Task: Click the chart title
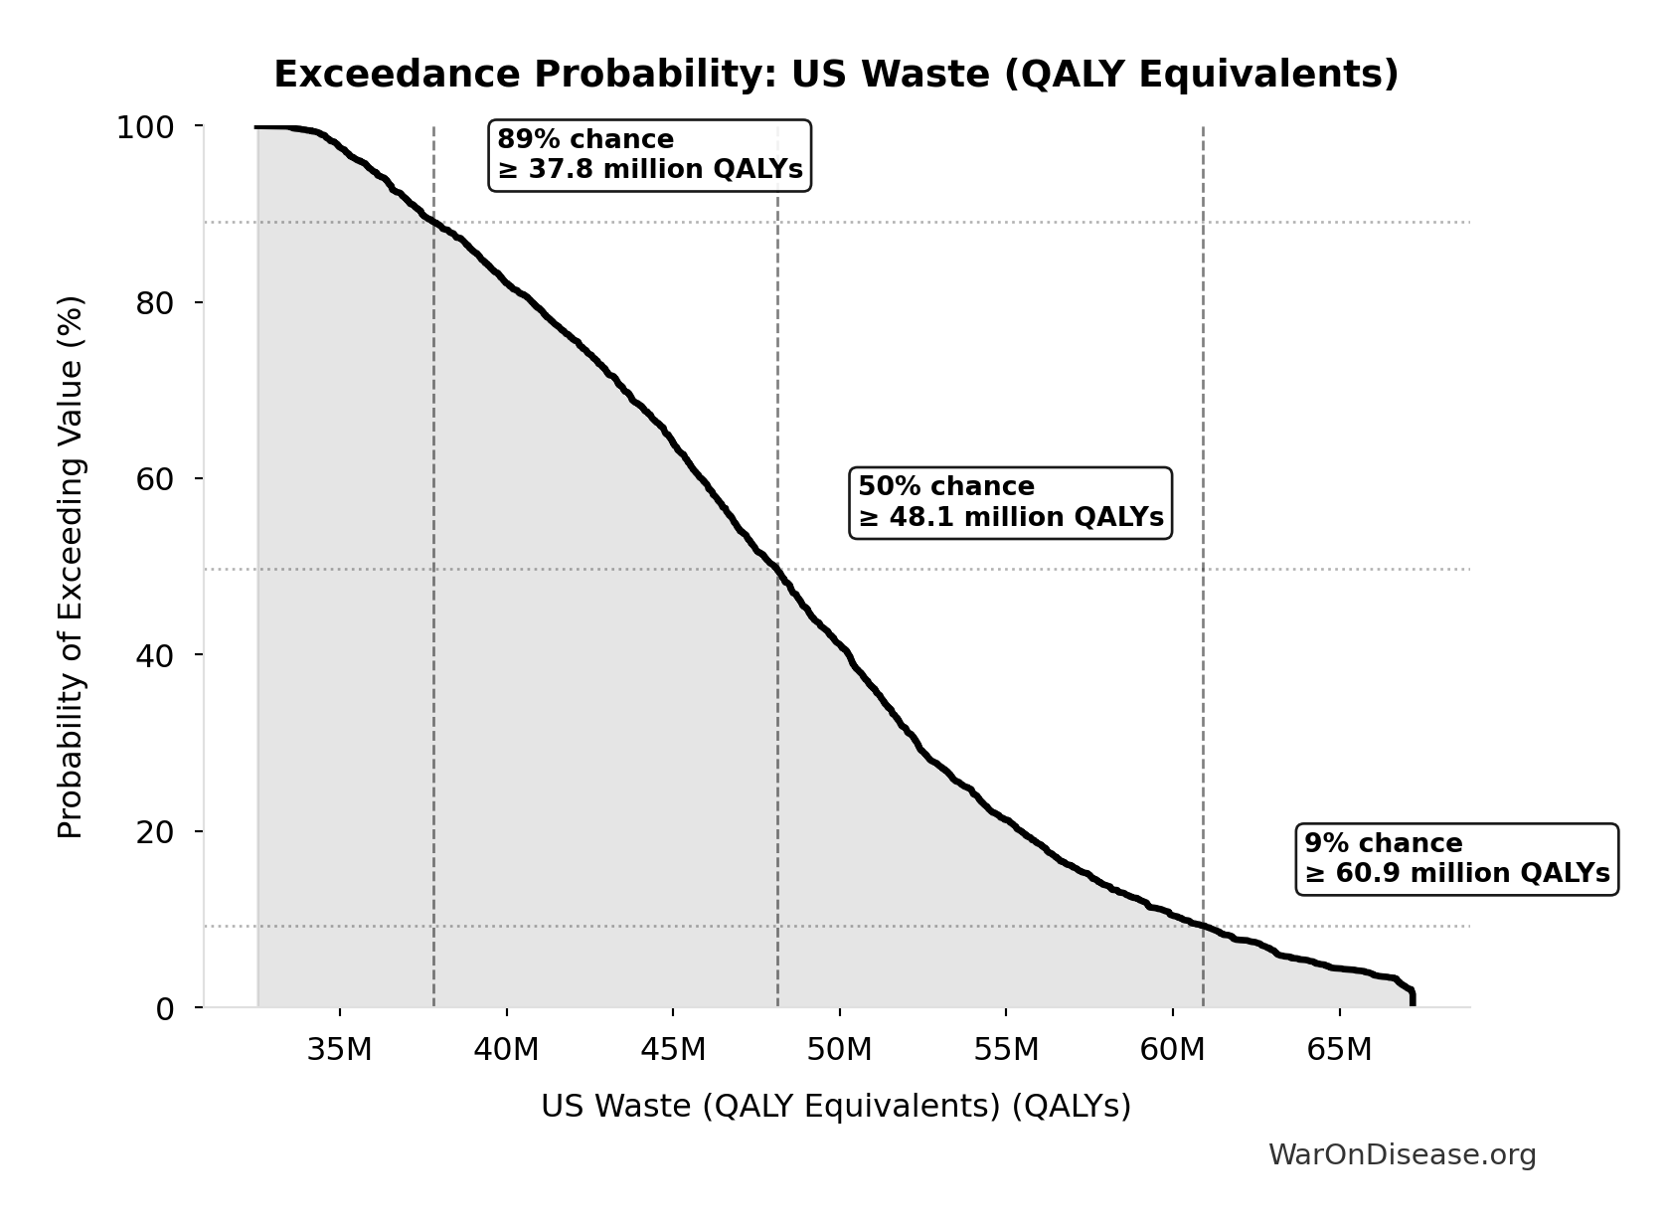(835, 75)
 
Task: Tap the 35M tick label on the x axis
(340, 1049)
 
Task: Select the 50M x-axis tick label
(839, 1049)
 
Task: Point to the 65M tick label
(1339, 1049)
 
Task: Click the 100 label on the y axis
(145, 127)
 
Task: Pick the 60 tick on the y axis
(155, 479)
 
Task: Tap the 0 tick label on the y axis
(165, 1008)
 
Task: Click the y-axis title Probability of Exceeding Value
(71, 567)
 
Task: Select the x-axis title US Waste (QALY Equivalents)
(835, 1107)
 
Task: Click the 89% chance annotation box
(650, 155)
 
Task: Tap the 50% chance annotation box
(1010, 502)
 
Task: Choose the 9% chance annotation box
(1456, 859)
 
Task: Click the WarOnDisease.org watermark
(1402, 1155)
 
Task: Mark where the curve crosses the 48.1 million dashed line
(777, 569)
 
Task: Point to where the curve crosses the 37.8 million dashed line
(433, 221)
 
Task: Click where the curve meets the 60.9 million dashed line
(1203, 926)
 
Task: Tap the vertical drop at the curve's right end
(1413, 998)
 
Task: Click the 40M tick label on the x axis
(506, 1049)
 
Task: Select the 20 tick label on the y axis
(155, 831)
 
